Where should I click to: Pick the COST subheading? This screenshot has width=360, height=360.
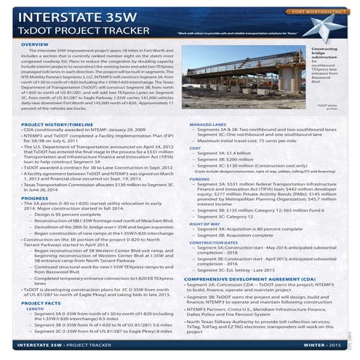(194, 148)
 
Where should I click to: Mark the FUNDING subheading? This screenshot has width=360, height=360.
(199, 178)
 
